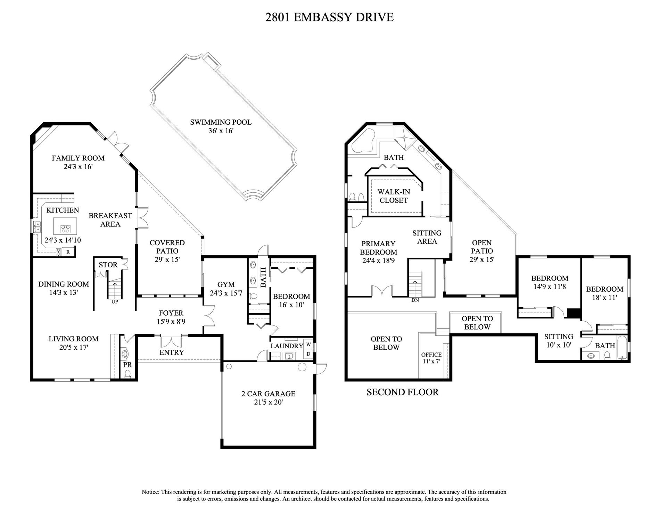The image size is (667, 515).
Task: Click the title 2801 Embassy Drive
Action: point(329,17)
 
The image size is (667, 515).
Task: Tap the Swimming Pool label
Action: point(221,122)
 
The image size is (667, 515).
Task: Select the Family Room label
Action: point(78,158)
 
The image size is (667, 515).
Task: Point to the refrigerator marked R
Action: point(68,252)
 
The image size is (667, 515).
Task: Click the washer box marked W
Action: point(308,344)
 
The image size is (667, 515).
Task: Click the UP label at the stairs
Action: point(115,301)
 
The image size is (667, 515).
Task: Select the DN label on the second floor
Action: point(415,300)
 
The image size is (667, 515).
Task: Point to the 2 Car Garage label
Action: point(268,394)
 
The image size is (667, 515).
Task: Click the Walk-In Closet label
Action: point(394,196)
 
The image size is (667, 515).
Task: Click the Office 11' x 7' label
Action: point(431,358)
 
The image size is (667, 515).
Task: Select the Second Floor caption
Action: point(403,392)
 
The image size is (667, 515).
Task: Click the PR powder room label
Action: point(127,365)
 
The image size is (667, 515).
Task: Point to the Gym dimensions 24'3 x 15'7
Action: point(226,293)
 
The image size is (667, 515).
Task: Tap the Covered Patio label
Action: point(167,247)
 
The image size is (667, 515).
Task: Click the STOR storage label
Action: point(108,265)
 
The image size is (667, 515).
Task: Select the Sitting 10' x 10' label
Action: point(559,341)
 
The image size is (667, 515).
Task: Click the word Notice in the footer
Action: point(150,492)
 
